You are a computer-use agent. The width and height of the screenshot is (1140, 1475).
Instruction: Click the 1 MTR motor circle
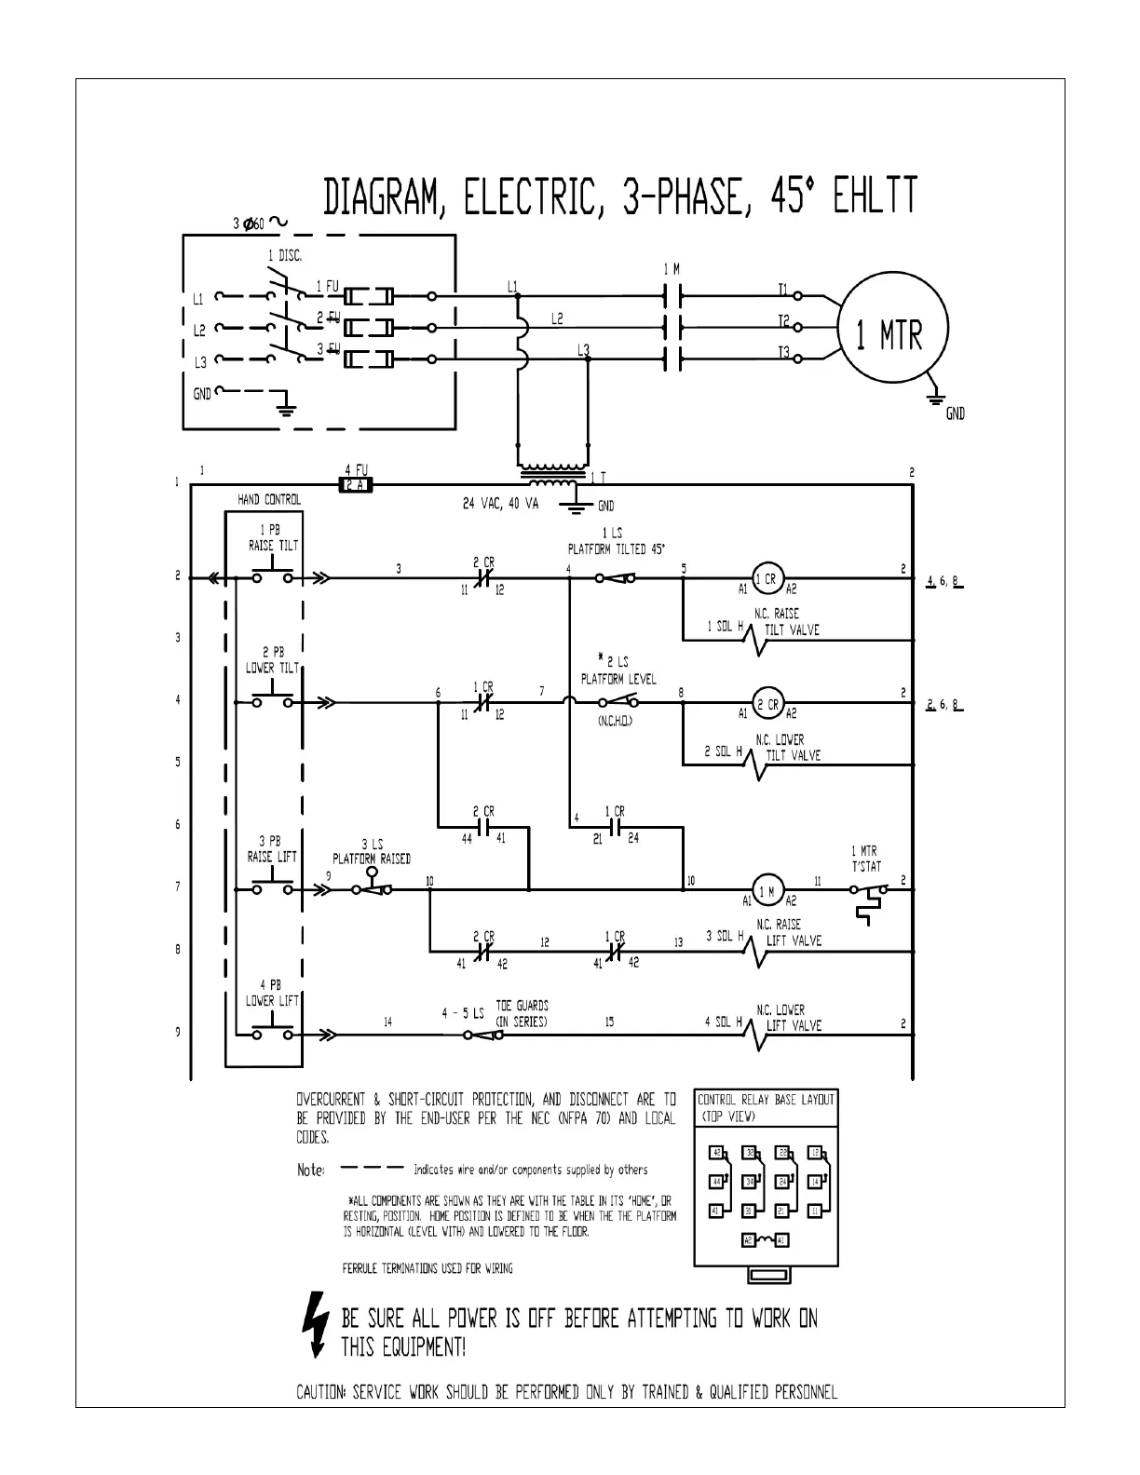[x=892, y=328]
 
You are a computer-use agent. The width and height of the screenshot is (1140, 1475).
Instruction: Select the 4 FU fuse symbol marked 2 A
[x=354, y=485]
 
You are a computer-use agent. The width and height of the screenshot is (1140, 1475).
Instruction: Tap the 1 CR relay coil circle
[x=766, y=578]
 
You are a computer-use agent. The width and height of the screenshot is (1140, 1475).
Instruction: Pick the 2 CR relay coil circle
[x=769, y=704]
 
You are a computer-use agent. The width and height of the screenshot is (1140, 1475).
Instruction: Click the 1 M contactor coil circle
[x=767, y=890]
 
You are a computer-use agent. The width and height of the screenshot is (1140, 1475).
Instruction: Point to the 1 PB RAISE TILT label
[x=273, y=538]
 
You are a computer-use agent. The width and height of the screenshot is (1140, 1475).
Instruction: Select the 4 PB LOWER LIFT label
[x=272, y=993]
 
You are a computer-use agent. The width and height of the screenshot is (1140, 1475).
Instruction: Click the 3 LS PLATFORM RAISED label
[x=372, y=851]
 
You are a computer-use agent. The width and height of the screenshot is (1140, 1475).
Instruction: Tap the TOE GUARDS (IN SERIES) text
[x=522, y=1013]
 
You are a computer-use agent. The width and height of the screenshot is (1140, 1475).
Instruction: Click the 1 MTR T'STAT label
[x=865, y=859]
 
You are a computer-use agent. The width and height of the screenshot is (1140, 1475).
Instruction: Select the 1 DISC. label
[x=284, y=256]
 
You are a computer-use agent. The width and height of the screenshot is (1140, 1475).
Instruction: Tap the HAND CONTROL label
[x=269, y=500]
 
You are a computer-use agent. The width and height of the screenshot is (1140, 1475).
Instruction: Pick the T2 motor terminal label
[x=783, y=321]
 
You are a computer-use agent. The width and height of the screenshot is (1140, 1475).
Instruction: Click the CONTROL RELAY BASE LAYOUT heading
[x=767, y=1100]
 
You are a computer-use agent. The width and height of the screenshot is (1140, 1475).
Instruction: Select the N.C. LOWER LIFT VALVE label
[x=788, y=1018]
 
